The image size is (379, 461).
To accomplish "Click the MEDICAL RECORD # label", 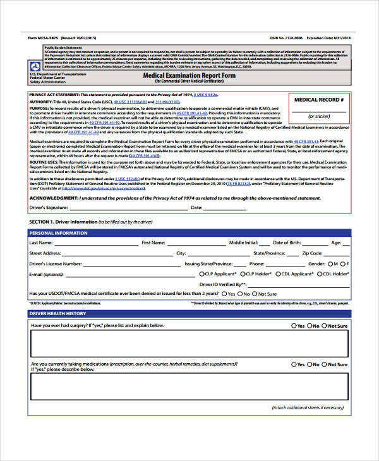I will (x=319, y=100).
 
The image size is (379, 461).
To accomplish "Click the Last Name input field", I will (x=95, y=243).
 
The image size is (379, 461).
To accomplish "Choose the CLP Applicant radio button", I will (x=201, y=274).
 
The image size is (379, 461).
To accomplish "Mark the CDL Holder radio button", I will (x=320, y=274).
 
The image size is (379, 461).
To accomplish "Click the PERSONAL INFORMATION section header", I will (x=59, y=233).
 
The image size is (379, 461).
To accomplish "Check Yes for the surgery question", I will (x=294, y=326).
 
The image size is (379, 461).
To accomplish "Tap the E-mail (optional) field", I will (x=126, y=275).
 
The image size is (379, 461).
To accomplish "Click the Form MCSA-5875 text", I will (x=45, y=37).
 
